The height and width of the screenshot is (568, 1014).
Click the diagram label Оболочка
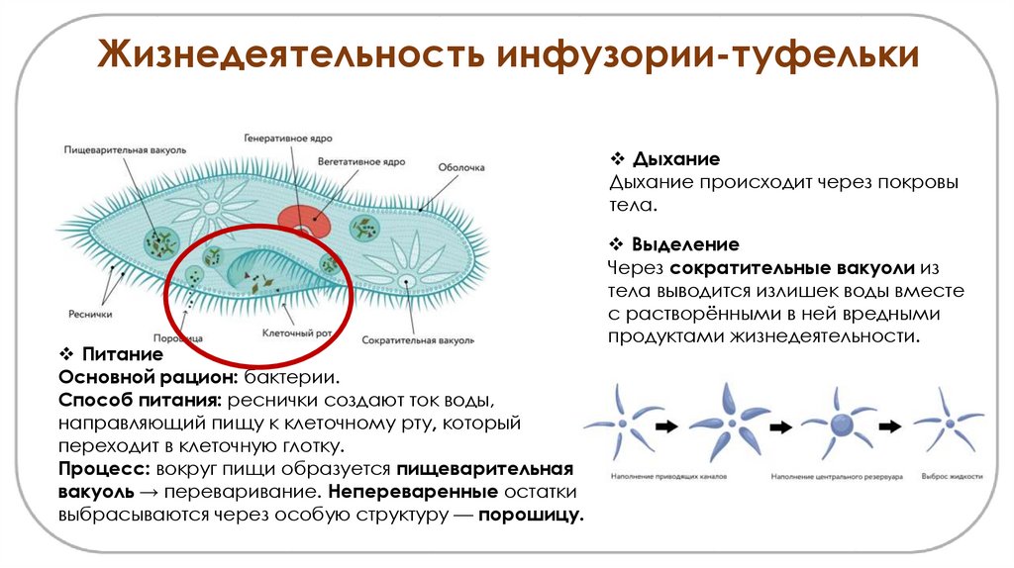(x=461, y=168)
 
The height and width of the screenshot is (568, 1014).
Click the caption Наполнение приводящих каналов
(x=656, y=477)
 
